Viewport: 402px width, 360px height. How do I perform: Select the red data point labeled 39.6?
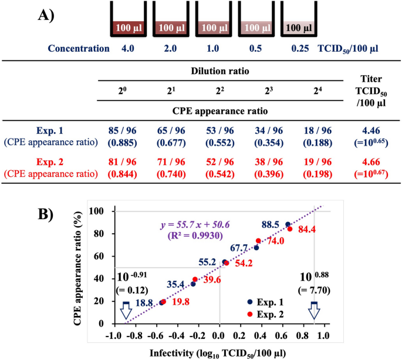[195, 280]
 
